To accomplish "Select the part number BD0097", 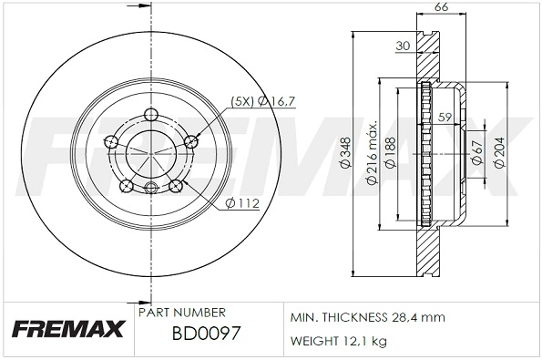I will pos(206,334).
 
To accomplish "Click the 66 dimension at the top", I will pos(441,7).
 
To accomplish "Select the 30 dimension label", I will pos(404,46).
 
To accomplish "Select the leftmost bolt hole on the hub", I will pos(112,141).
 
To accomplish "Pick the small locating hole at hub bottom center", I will pos(151,187).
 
